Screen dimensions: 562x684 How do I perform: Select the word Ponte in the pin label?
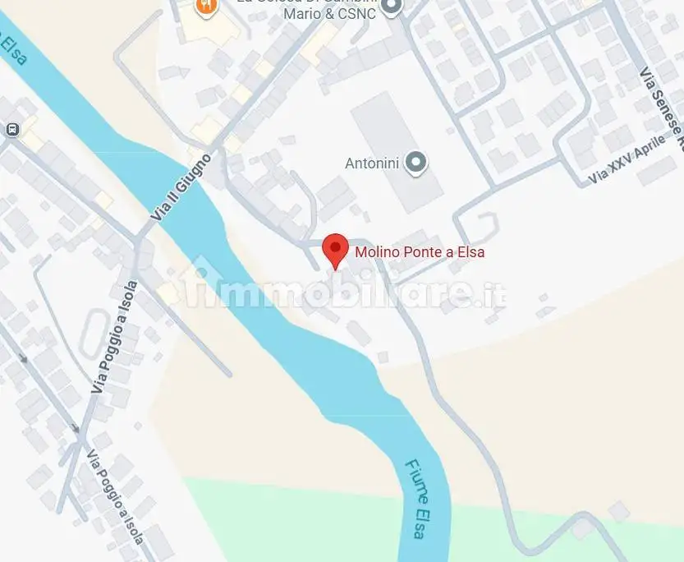tap(421, 252)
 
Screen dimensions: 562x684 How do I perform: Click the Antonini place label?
tap(372, 164)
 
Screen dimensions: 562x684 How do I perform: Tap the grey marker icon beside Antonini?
tap(417, 163)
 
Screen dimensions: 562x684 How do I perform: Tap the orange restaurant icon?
tap(206, 7)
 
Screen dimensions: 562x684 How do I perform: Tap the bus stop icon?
tap(12, 130)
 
